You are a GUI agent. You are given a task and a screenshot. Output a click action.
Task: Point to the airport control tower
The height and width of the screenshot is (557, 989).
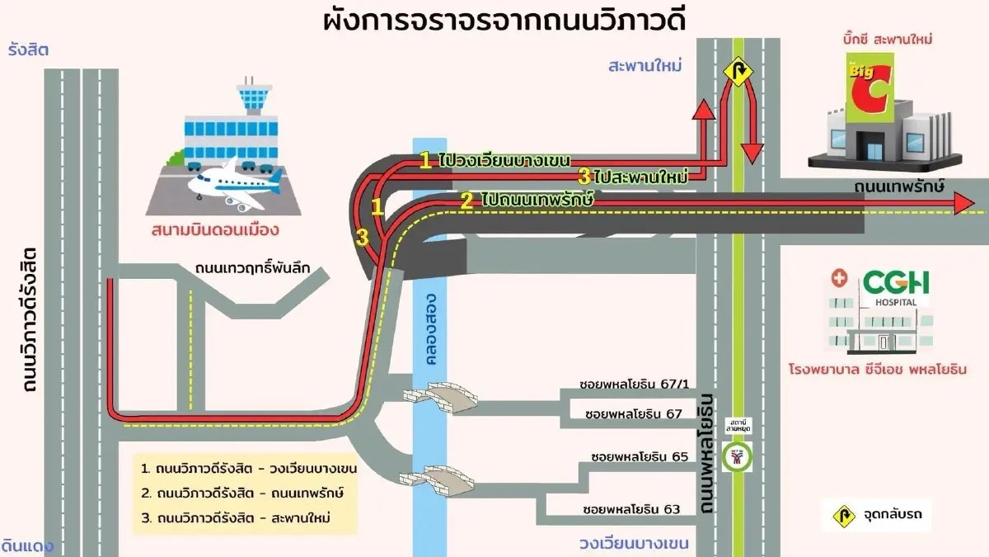click(252, 99)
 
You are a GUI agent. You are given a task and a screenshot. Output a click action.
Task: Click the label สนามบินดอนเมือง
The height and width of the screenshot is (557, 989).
click(216, 229)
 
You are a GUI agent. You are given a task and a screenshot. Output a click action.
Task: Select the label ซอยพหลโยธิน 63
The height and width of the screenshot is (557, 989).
click(631, 508)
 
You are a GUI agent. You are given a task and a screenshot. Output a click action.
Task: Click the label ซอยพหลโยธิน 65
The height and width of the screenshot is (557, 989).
click(640, 456)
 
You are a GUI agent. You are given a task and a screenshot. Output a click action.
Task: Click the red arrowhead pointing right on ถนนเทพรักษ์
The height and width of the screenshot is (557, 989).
click(962, 205)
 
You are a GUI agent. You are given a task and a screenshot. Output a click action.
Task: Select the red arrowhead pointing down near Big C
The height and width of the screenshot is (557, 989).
click(751, 153)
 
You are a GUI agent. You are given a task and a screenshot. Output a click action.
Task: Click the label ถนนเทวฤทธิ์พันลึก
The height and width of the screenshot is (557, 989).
click(257, 268)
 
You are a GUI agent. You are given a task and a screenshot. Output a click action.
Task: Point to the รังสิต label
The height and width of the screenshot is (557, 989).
click(29, 50)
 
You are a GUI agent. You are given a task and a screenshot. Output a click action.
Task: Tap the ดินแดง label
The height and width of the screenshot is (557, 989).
click(27, 545)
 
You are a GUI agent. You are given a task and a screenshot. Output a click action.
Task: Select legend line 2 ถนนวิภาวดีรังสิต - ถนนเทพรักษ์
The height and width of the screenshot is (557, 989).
click(242, 493)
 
